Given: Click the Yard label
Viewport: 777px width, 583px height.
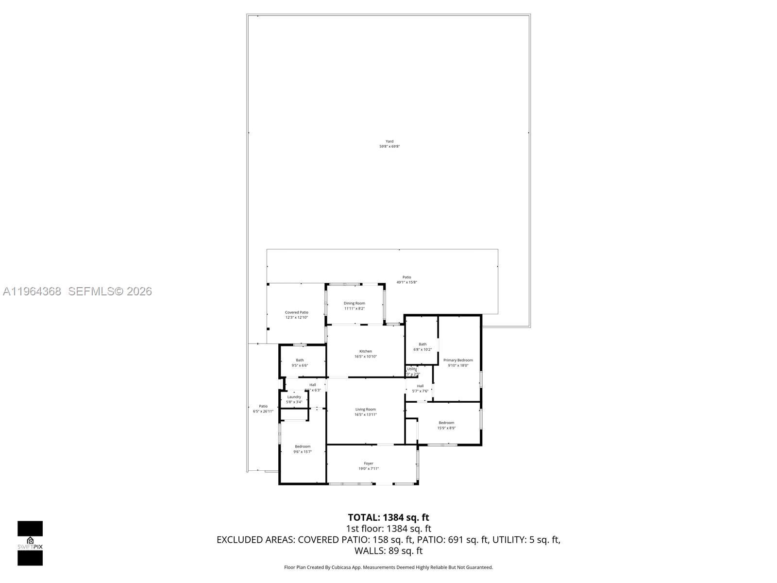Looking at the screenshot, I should tap(389, 141).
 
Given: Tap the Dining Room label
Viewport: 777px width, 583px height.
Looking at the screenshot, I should tap(355, 303).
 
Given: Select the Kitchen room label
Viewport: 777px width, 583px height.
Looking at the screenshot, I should tap(366, 351).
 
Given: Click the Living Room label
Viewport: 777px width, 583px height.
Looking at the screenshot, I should tap(366, 410).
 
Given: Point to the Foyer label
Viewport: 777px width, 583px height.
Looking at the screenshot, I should tap(369, 463).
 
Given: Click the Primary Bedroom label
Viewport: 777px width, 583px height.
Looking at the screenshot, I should tap(458, 360).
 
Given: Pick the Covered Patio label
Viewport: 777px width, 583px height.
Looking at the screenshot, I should tap(296, 312).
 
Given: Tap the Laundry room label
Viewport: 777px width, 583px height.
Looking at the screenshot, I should tap(294, 397).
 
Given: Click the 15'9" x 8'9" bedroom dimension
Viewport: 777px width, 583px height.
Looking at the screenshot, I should tap(446, 428).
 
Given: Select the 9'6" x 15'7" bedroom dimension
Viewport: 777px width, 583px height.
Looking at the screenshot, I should tap(303, 452).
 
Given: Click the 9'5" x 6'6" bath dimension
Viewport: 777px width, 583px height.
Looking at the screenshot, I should tap(300, 365).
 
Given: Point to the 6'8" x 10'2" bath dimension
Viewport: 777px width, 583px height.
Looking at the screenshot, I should tap(422, 349).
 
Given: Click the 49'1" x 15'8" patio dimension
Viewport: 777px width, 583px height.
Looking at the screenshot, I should tap(406, 282).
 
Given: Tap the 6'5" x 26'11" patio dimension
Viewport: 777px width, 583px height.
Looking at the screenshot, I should tap(263, 412).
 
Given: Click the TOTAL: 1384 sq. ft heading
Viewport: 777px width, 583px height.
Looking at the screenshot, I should tap(388, 517).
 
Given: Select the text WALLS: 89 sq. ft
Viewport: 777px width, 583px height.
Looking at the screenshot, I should tap(388, 551).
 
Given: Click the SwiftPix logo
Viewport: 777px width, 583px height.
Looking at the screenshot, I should tap(30, 543).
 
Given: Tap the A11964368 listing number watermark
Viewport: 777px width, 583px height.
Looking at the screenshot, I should tap(32, 291).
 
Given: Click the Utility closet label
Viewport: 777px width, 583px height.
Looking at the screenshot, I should tap(412, 369).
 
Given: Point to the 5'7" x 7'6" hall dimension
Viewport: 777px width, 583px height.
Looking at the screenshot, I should tap(420, 391).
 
